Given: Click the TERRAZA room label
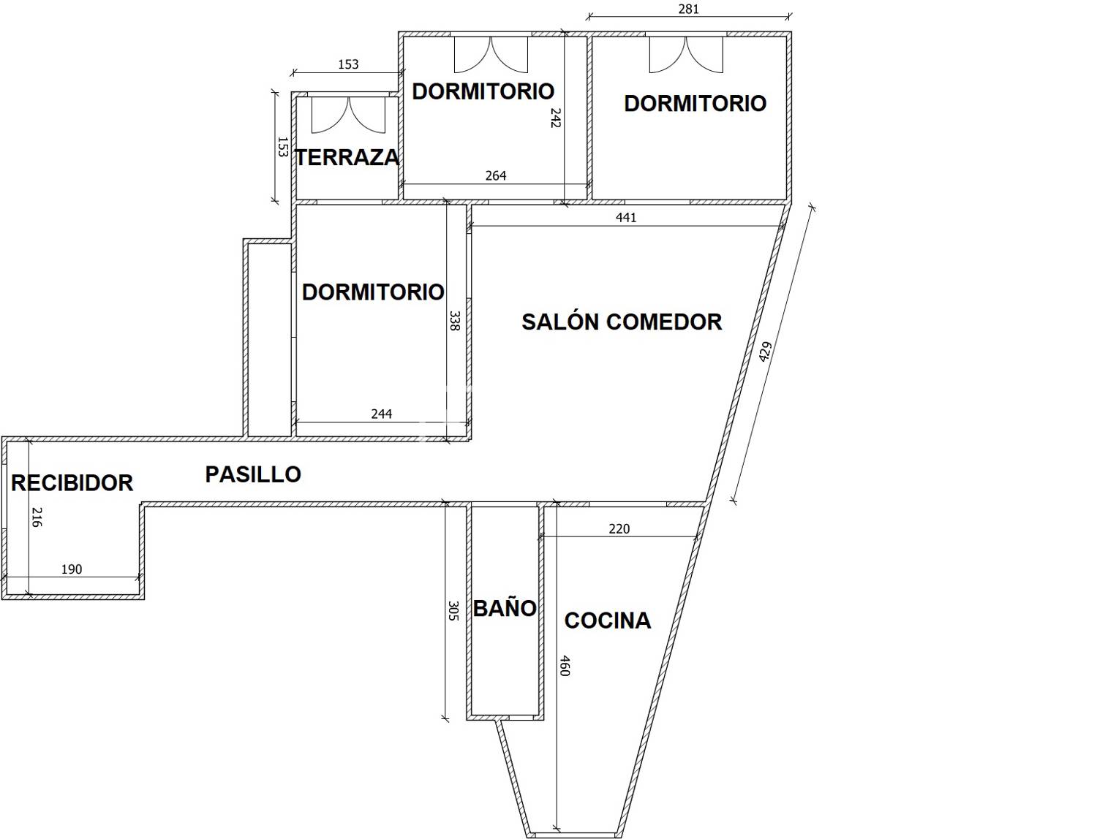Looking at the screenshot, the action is [347, 158].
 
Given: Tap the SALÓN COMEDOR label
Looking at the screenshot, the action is [622, 322].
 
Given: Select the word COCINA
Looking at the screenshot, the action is [608, 620].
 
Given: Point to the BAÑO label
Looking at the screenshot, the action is [505, 608].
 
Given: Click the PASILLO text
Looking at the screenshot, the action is [253, 474].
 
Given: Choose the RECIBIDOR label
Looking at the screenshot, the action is [72, 483].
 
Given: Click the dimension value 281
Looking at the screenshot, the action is [689, 9].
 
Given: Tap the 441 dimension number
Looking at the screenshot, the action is [626, 217].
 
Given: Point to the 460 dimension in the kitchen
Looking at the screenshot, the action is [565, 666].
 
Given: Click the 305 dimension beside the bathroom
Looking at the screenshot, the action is [453, 611].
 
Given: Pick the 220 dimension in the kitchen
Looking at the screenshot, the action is [619, 528].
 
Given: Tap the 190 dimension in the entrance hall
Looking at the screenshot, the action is [72, 569].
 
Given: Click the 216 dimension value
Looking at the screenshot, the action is [37, 517].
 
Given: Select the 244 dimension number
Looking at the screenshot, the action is [381, 414].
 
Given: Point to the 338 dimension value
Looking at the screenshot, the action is [454, 321].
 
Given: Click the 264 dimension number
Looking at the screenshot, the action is [496, 175].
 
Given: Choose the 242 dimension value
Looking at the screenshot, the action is [556, 118].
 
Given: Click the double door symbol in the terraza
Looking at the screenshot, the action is [348, 115].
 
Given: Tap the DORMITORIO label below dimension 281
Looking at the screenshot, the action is [695, 103].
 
